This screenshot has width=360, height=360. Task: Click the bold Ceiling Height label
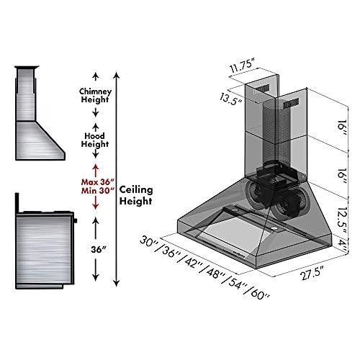pyautogui.click(x=136, y=195)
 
